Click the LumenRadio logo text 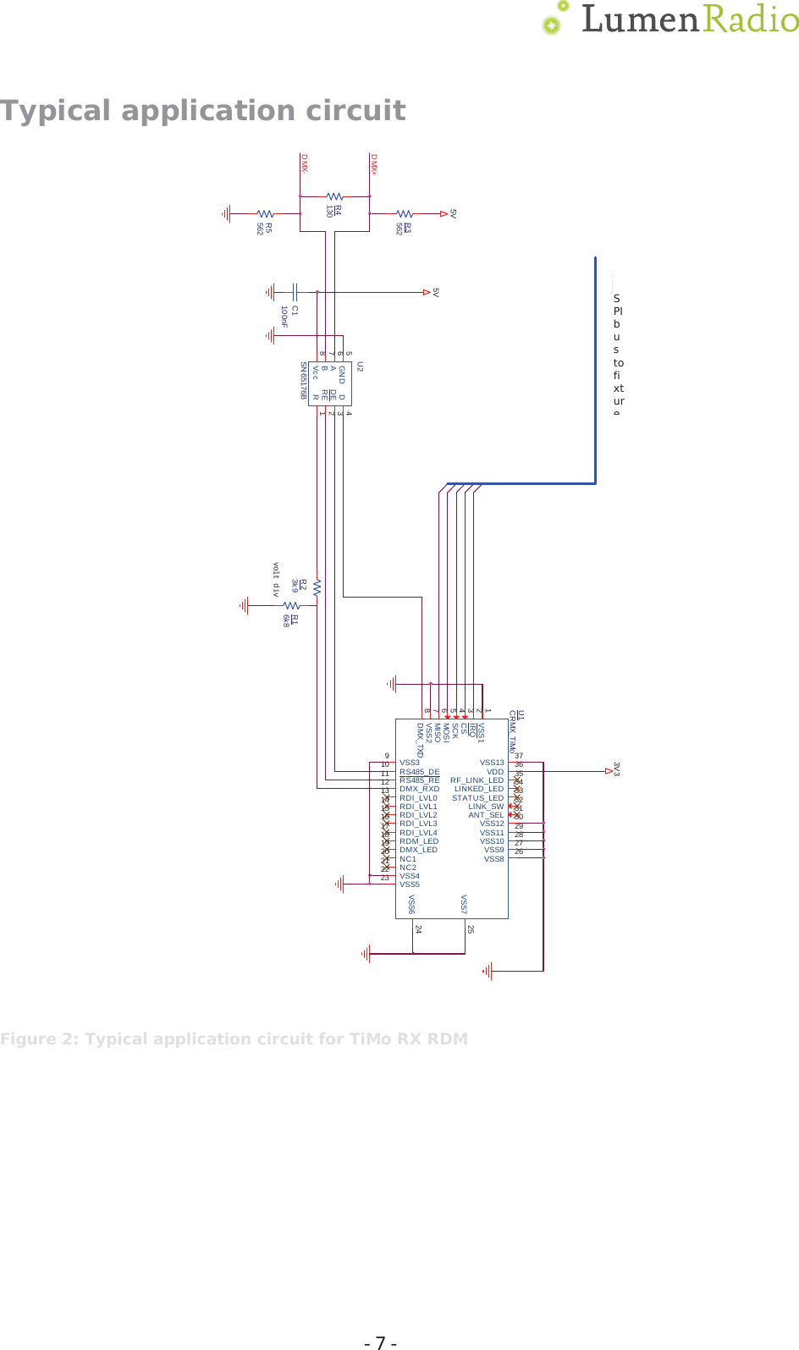pos(689,19)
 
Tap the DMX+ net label pos(372,164)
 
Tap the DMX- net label pos(303,164)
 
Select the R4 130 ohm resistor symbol pos(334,196)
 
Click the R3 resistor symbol pos(405,214)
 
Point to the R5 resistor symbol pos(265,214)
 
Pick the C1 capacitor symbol pos(295,292)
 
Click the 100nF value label pos(284,317)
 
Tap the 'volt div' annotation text pos(275,580)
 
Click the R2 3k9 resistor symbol pos(317,587)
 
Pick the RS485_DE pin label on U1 pos(419,772)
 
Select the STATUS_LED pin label pos(477,798)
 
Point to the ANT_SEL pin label pos(486,815)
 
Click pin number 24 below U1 pos(417,929)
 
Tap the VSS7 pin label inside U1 pos(464,904)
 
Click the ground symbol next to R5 pos(227,214)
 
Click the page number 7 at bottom pos(380,1342)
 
